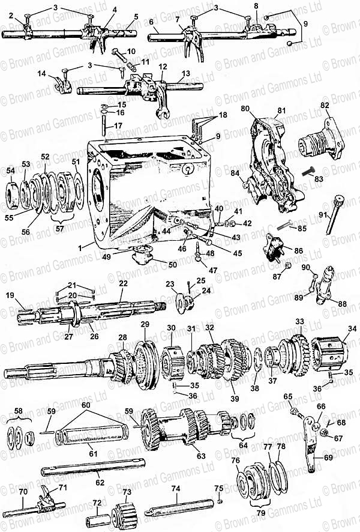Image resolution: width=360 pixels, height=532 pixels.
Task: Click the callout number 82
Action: [x=325, y=106]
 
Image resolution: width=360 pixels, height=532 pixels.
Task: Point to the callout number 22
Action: [x=124, y=283]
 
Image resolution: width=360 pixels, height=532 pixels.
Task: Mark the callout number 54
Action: [x=10, y=171]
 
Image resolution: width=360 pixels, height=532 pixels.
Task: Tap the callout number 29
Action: [x=145, y=325]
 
